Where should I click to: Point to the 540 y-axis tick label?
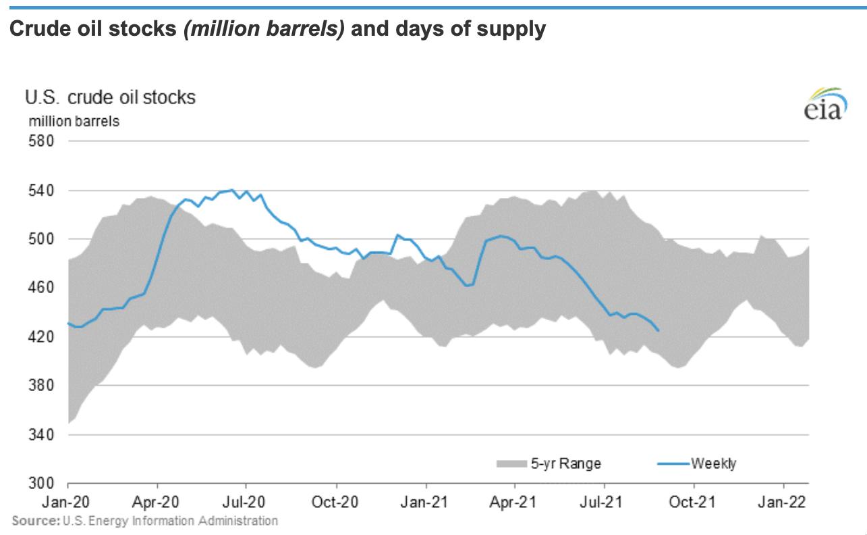click(39, 190)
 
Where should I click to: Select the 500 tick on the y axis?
click(39, 239)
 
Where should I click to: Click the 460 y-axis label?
click(39, 288)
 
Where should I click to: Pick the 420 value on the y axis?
click(39, 336)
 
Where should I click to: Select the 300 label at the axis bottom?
click(39, 484)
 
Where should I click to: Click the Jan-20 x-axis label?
click(68, 503)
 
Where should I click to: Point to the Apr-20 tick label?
click(157, 503)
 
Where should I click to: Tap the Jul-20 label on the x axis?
click(246, 503)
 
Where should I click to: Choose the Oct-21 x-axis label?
click(694, 503)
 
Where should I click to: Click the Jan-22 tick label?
click(783, 503)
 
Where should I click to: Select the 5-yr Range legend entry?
click(548, 463)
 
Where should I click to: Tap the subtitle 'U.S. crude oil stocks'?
click(110, 98)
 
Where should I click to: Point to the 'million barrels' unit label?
click(74, 122)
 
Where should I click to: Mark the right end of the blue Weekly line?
click(659, 330)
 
